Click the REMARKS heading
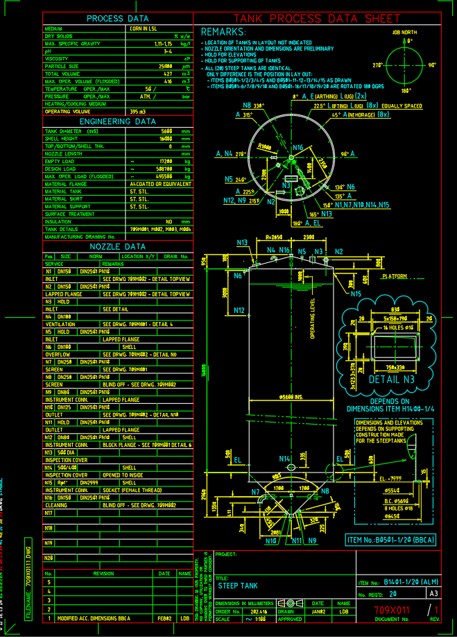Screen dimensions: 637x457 click(x=223, y=32)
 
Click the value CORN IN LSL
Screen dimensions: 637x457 click(x=144, y=28)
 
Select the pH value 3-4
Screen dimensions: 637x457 click(x=168, y=51)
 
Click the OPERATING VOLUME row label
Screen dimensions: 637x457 click(x=67, y=110)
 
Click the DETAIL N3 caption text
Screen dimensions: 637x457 click(x=393, y=380)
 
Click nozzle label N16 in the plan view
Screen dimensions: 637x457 click(x=298, y=148)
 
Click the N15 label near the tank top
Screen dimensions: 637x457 click(x=356, y=294)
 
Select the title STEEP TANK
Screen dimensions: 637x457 click(x=237, y=586)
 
